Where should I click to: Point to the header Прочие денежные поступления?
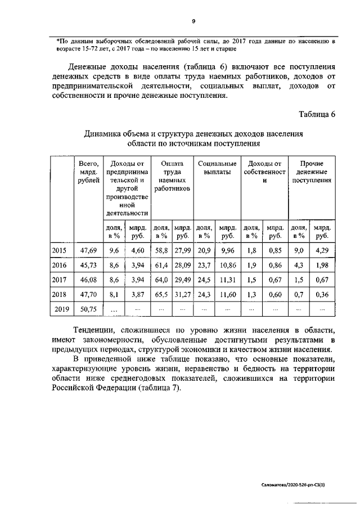click(x=311, y=172)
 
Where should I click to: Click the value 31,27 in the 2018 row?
click(x=182, y=293)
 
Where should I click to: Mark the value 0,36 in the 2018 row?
click(x=322, y=293)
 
